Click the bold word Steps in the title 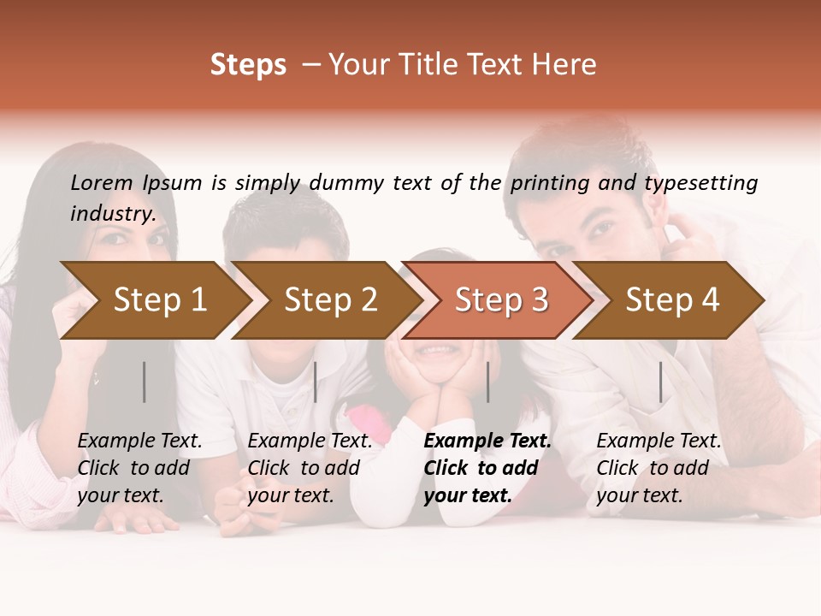[x=248, y=65]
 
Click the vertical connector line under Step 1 [x=145, y=382]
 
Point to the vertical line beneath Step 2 [x=316, y=382]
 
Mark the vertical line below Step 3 [x=487, y=382]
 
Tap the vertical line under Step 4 [x=660, y=382]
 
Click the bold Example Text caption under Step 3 [x=487, y=468]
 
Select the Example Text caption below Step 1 [x=139, y=468]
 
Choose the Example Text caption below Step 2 [x=310, y=468]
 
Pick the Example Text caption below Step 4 [x=659, y=468]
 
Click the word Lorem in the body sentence [x=102, y=182]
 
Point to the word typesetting [x=701, y=182]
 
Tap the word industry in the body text [x=113, y=213]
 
